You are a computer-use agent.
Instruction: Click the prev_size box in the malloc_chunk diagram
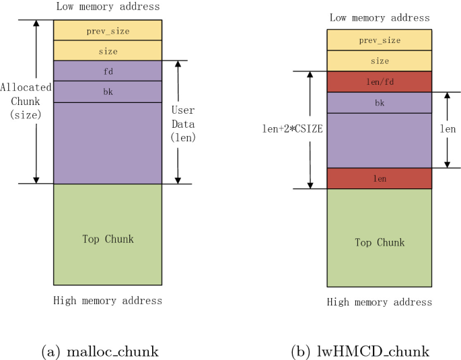(108, 30)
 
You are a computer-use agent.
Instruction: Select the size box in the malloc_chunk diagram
(108, 50)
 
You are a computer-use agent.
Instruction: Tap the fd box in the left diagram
(108, 71)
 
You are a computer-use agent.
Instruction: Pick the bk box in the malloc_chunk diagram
(108, 92)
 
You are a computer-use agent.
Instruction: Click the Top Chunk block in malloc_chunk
(108, 238)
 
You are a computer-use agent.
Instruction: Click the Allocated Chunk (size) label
(22, 101)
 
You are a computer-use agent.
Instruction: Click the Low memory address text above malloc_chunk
(108, 7)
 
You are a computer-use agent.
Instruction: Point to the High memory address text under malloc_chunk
(108, 300)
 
